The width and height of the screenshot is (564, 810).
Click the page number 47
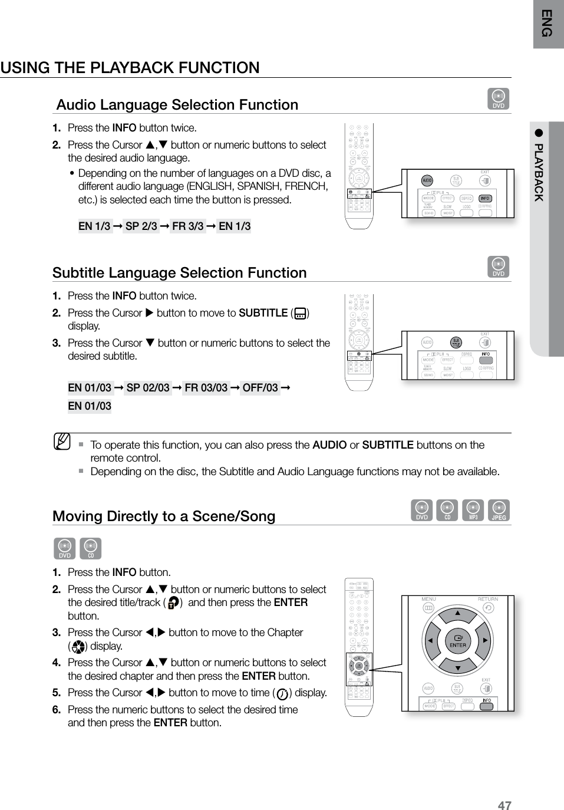coord(504,805)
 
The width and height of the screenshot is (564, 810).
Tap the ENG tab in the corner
coord(547,24)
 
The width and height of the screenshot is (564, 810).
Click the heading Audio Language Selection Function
coord(177,105)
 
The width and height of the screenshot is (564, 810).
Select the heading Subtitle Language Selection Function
coord(180,273)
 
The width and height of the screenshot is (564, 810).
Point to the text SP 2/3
coord(141,226)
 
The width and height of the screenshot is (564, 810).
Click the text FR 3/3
coord(188,226)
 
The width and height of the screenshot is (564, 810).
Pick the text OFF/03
coord(260,387)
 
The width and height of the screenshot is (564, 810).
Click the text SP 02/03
coord(148,387)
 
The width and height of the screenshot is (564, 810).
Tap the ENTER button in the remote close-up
coord(457,641)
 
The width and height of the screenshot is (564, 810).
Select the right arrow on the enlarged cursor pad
coord(484,641)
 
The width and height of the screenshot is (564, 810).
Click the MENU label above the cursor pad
coord(429,599)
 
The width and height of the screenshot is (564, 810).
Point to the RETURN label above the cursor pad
coord(487,599)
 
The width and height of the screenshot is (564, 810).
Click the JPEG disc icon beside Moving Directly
coord(499,511)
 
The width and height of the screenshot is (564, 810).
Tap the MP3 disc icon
coord(473,511)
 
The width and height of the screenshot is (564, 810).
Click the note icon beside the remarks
coord(61,441)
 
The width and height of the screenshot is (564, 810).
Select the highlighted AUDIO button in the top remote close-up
coord(427,180)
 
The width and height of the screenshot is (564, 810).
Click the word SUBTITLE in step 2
coord(263,313)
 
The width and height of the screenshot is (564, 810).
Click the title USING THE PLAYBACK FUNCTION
coord(130,68)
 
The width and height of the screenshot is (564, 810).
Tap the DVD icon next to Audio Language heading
coord(499,99)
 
